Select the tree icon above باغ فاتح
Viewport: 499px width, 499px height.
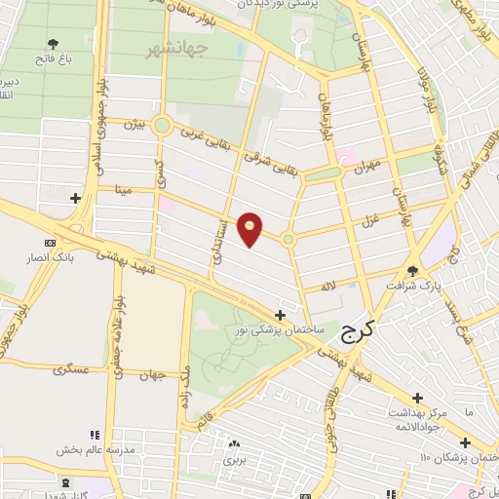54,44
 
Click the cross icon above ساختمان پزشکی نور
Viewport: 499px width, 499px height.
281,315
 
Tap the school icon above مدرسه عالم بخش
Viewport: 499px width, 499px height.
95,435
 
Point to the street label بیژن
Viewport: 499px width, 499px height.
134,125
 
